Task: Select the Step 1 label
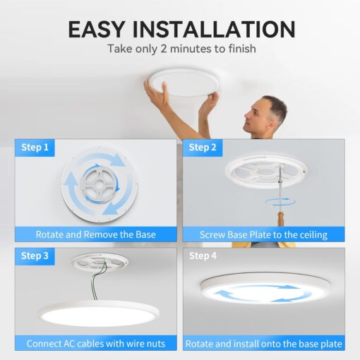(x=35, y=148)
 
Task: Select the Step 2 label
(x=203, y=148)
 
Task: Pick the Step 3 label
(x=35, y=256)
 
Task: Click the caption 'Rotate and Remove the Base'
(x=96, y=234)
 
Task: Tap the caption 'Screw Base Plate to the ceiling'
(x=264, y=234)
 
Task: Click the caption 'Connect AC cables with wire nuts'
(x=96, y=344)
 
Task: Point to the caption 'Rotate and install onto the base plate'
(x=264, y=344)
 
